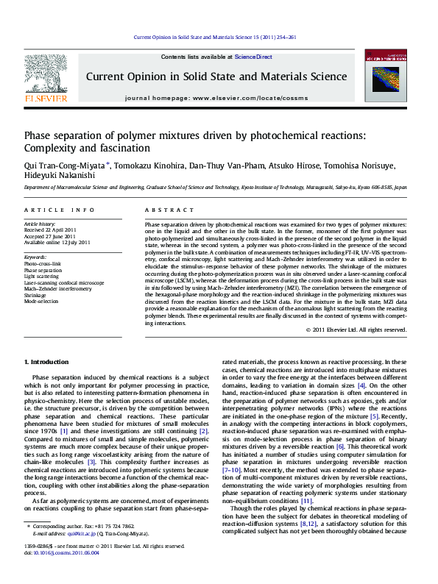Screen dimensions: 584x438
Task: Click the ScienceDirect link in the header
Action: click(x=253, y=57)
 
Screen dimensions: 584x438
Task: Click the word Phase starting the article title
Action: click(x=38, y=135)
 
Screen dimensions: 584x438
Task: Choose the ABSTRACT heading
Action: click(x=164, y=210)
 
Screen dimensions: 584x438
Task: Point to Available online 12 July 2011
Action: click(x=57, y=242)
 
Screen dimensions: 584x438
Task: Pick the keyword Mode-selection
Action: click(x=41, y=302)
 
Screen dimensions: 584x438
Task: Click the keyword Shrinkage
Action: click(x=37, y=295)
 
